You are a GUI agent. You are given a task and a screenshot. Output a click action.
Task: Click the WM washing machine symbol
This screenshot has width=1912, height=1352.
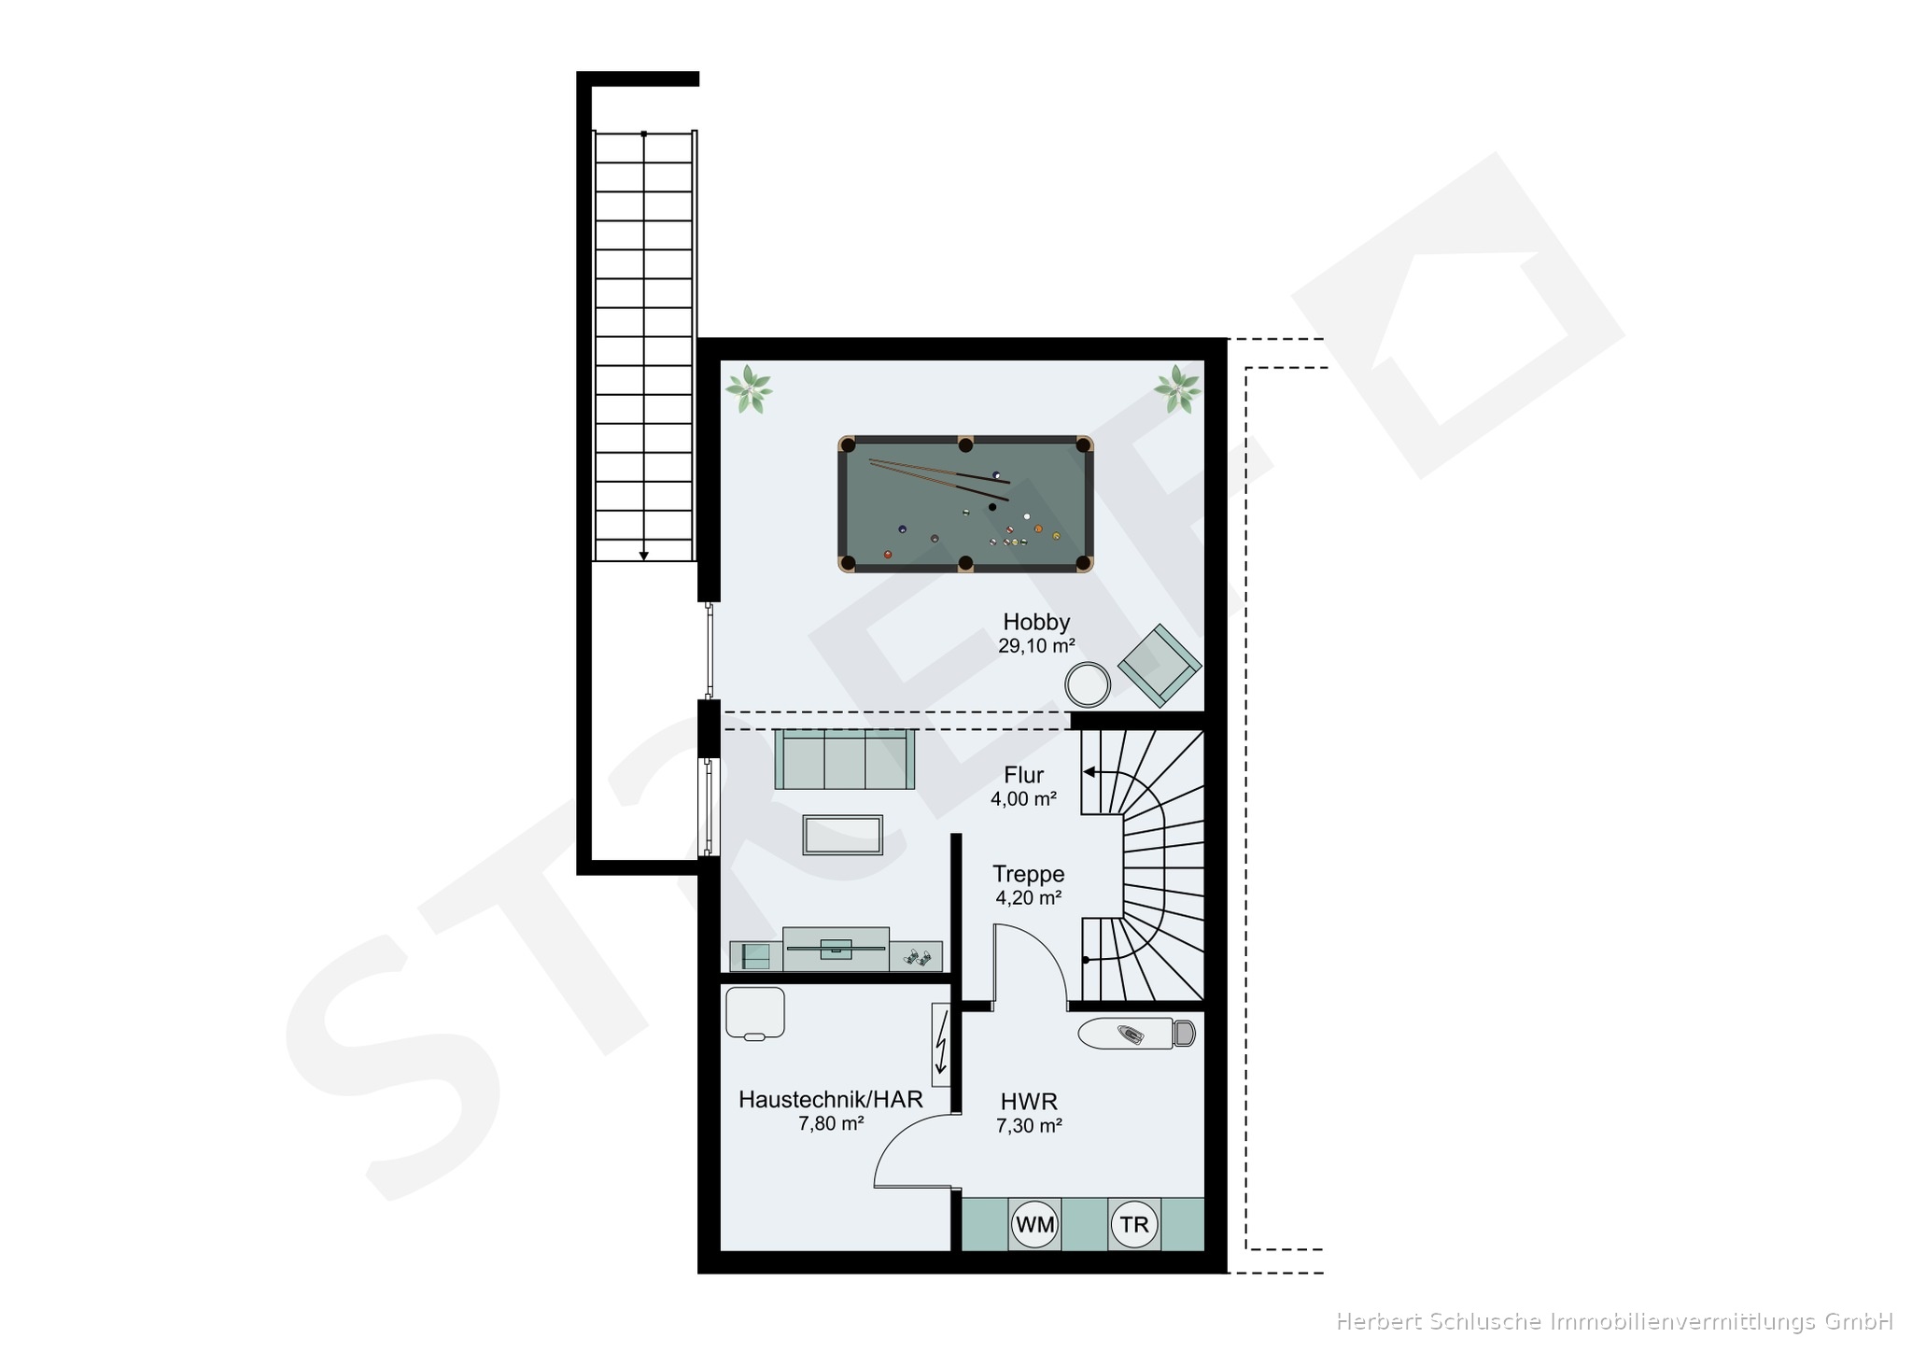[1034, 1224]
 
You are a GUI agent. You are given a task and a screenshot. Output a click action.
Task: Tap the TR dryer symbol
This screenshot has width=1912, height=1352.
[1134, 1224]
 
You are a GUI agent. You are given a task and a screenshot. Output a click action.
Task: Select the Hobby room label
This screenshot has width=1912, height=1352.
[1036, 622]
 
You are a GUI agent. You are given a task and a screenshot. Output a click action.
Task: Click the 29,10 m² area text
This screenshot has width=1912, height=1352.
[1036, 646]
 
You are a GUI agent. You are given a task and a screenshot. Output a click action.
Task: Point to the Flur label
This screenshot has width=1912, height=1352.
[1024, 775]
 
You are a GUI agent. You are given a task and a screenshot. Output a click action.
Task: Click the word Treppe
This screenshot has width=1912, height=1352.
[1029, 874]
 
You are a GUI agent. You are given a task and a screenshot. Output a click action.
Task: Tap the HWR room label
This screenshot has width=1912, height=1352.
[1029, 1102]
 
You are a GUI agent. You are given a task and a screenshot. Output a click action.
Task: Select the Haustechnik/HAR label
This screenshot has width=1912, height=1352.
[831, 1100]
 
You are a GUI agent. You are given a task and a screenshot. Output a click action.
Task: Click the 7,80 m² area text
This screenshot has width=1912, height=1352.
[831, 1124]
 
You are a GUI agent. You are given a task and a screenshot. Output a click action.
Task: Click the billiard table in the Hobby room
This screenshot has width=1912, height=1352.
[965, 503]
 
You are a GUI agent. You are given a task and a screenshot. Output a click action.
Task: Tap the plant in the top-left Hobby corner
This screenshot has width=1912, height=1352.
[749, 389]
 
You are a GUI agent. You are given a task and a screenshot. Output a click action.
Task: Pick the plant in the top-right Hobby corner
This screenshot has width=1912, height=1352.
[1177, 388]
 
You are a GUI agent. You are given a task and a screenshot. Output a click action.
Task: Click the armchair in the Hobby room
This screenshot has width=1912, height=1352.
[1160, 665]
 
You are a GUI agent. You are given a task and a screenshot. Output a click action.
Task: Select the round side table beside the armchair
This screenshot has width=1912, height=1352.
[1088, 684]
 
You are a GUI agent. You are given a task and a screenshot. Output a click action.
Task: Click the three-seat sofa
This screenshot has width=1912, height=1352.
[844, 759]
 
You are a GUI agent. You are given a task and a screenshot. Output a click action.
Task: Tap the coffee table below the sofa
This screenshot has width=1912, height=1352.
[843, 835]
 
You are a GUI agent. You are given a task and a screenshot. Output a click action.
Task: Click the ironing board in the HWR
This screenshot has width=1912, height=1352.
[1136, 1034]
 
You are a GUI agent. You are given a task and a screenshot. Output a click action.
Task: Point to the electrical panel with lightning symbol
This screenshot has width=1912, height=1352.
[940, 1045]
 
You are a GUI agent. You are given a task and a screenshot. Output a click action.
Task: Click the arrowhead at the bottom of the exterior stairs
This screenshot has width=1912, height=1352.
[643, 556]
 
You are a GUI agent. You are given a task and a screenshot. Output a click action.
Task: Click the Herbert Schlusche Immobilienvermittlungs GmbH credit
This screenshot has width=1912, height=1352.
[1614, 1321]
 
